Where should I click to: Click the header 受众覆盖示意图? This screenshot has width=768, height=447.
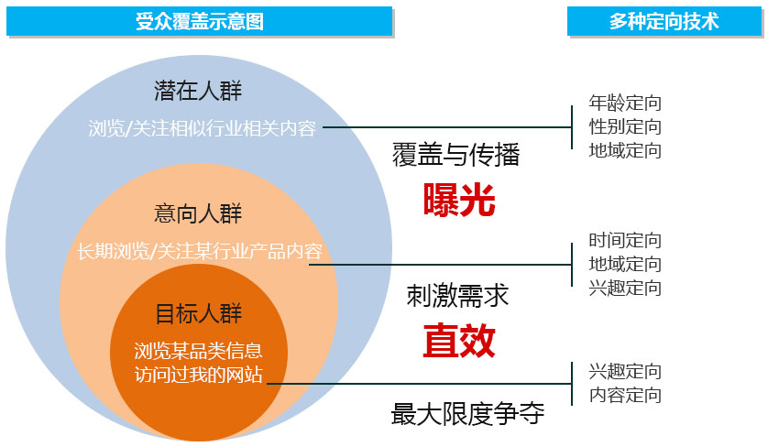pyautogui.click(x=200, y=22)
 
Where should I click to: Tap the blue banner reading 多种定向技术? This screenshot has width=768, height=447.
pyautogui.click(x=664, y=22)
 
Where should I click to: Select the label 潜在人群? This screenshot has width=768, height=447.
pyautogui.click(x=198, y=91)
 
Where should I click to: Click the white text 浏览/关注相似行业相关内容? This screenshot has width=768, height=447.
pyautogui.click(x=203, y=128)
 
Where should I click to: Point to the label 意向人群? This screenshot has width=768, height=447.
pyautogui.click(x=198, y=213)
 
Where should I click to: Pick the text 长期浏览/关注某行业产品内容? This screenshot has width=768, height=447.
pyautogui.click(x=200, y=251)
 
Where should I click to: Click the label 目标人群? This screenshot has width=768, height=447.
pyautogui.click(x=198, y=313)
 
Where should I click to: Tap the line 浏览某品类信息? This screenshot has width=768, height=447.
pyautogui.click(x=198, y=351)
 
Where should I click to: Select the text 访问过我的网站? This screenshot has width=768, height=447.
pyautogui.click(x=198, y=375)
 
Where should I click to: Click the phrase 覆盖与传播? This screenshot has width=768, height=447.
pyautogui.click(x=455, y=154)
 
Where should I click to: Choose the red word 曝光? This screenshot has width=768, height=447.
pyautogui.click(x=459, y=200)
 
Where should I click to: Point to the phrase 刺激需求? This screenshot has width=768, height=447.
pyautogui.click(x=457, y=296)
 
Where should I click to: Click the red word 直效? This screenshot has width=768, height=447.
pyautogui.click(x=459, y=341)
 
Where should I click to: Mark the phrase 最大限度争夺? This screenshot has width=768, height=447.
pyautogui.click(x=467, y=414)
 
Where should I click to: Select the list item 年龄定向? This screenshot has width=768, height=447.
pyautogui.click(x=625, y=103)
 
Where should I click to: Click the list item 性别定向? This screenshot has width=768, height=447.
pyautogui.click(x=625, y=126)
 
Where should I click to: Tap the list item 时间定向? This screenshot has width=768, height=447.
pyautogui.click(x=625, y=240)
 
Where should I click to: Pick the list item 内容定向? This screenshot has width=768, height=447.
pyautogui.click(x=625, y=395)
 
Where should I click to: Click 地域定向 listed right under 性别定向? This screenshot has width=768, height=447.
pyautogui.click(x=625, y=150)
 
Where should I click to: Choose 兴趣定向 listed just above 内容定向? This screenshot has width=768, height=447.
pyautogui.click(x=625, y=371)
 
